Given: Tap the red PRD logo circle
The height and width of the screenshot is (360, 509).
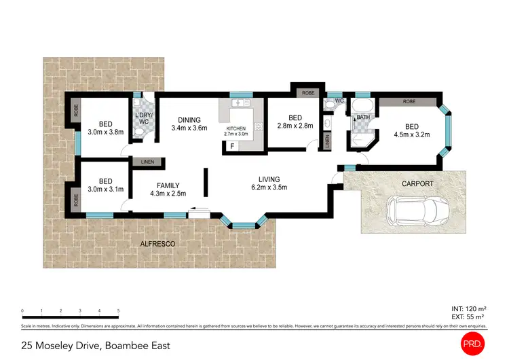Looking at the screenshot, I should tap(474, 342).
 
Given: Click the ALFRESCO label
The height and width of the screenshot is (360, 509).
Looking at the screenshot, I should tap(157, 243).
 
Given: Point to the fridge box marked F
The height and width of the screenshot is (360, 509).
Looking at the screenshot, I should tap(232, 146).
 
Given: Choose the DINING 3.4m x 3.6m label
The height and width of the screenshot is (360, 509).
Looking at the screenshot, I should tap(189, 123).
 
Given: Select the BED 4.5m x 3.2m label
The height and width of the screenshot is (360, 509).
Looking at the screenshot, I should tap(412, 130).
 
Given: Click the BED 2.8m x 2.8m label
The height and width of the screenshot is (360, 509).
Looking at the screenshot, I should tap(294, 121).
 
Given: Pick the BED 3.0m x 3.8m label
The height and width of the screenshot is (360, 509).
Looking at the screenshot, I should tap(105, 128).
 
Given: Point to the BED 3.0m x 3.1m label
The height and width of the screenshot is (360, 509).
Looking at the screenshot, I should tap(105, 185).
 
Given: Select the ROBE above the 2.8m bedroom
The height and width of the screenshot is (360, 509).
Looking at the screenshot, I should tap(307, 92).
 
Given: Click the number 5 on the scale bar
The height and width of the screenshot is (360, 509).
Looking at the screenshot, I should tap(118, 310).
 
